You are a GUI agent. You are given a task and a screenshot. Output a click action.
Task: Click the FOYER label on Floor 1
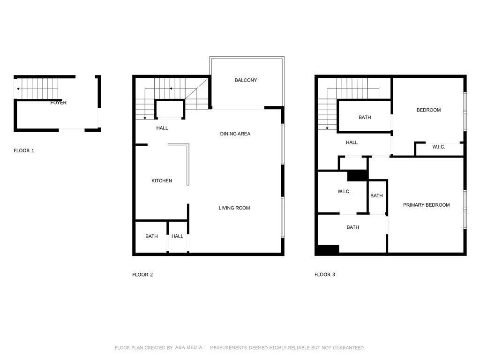59,103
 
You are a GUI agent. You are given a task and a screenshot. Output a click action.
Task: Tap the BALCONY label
246,80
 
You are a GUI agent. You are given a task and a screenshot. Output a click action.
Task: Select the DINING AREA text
235,134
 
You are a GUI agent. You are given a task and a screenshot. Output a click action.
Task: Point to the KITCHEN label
162,180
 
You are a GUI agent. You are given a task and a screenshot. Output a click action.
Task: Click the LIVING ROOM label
234,208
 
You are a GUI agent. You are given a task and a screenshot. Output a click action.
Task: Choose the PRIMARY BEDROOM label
427,205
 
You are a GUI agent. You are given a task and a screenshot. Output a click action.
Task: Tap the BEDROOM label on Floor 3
428,110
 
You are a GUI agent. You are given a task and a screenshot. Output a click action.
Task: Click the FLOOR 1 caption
24,150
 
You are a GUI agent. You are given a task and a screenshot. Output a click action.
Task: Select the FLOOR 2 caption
142,275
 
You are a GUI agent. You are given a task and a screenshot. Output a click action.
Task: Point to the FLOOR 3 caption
325,275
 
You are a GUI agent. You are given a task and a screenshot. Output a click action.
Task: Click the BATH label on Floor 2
151,236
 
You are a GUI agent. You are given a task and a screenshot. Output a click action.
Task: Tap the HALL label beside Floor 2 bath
177,236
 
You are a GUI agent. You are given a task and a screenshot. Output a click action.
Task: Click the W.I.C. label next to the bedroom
439,147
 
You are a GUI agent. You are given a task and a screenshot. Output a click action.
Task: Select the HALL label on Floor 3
352,142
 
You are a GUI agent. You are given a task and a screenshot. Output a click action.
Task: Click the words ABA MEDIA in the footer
189,347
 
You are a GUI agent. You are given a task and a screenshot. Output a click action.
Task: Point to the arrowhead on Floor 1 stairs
18,89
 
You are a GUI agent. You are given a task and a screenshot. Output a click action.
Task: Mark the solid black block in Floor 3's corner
328,250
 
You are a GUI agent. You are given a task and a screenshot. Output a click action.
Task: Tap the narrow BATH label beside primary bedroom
376,195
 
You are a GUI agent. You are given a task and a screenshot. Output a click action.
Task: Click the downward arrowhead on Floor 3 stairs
327,128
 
